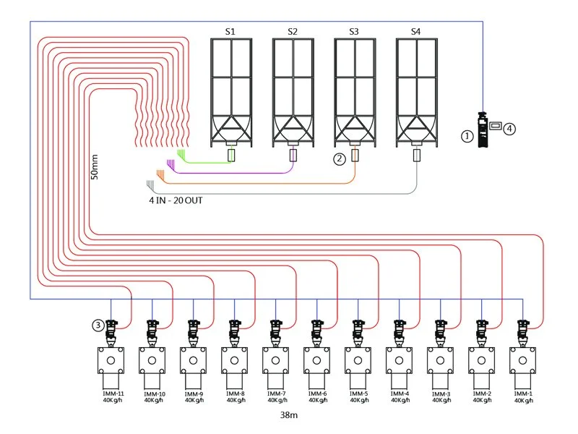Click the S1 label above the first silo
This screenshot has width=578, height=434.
click(x=230, y=32)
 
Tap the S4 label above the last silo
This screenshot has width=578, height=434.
click(x=415, y=32)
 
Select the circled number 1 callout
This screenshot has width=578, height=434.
click(x=467, y=136)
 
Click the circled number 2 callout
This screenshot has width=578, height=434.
click(x=340, y=158)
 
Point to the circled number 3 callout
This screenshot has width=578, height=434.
click(x=98, y=325)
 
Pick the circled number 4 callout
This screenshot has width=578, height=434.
click(x=509, y=129)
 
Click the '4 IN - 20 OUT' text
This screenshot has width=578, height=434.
click(x=176, y=200)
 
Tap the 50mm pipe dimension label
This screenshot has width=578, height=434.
click(x=95, y=167)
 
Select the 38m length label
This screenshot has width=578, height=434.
click(x=288, y=415)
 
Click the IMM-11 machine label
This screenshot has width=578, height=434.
click(x=113, y=393)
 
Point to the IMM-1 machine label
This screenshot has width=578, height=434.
click(x=523, y=393)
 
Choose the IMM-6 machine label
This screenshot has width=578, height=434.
click(x=317, y=393)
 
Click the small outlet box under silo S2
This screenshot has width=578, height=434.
click(x=293, y=155)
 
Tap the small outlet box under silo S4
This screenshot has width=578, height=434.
click(x=417, y=155)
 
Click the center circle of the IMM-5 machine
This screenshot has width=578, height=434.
click(x=358, y=360)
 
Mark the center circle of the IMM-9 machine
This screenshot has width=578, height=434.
click(x=193, y=360)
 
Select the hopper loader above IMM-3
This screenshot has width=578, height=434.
click(x=441, y=333)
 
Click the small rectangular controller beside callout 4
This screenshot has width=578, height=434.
click(x=496, y=126)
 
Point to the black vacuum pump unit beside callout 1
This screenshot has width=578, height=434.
click(x=483, y=129)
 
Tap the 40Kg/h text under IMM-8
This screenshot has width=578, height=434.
click(x=236, y=400)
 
